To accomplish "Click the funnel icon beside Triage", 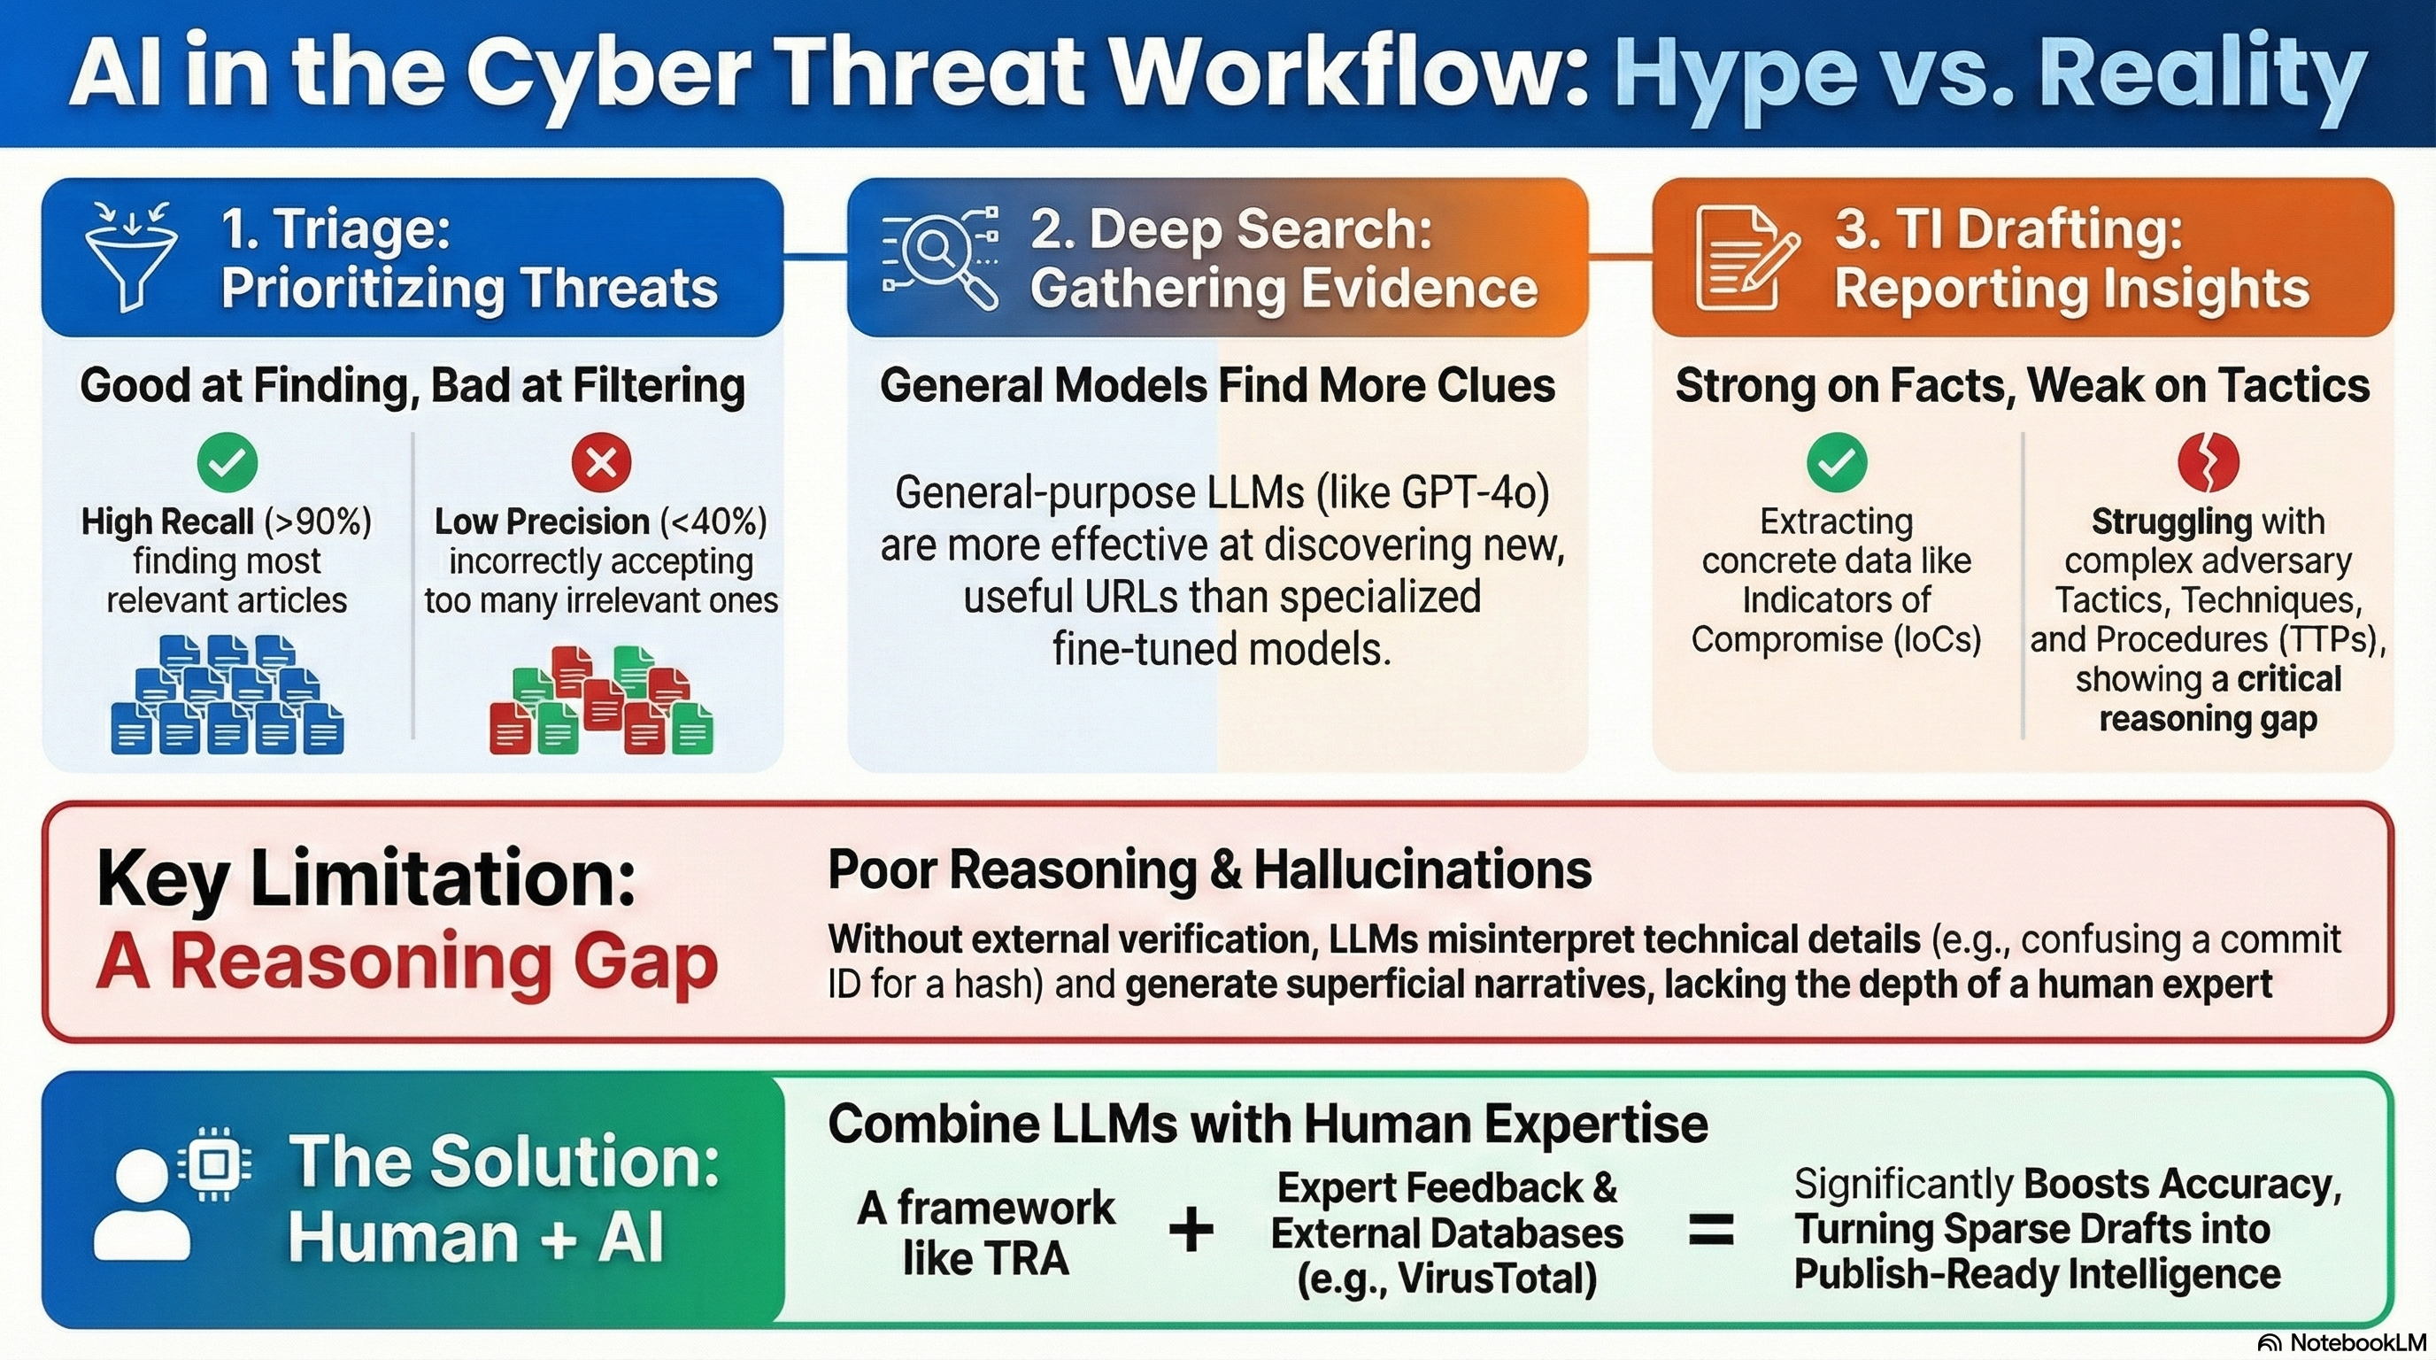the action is coord(130,255).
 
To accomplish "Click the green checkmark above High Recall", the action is coord(227,461).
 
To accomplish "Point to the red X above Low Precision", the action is coord(601,462).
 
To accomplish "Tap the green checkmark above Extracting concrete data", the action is coord(1837,461).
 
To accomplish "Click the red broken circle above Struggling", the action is coord(2209,462).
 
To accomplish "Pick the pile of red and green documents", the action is coord(601,699).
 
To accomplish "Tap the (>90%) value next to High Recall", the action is coord(318,522).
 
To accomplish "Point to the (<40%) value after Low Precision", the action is coord(714,522).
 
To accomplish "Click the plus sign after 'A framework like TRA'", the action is coord(1191,1231).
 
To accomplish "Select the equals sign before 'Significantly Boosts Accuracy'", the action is coord(1712,1231).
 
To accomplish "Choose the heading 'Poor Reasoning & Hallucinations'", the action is coord(1209,869).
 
